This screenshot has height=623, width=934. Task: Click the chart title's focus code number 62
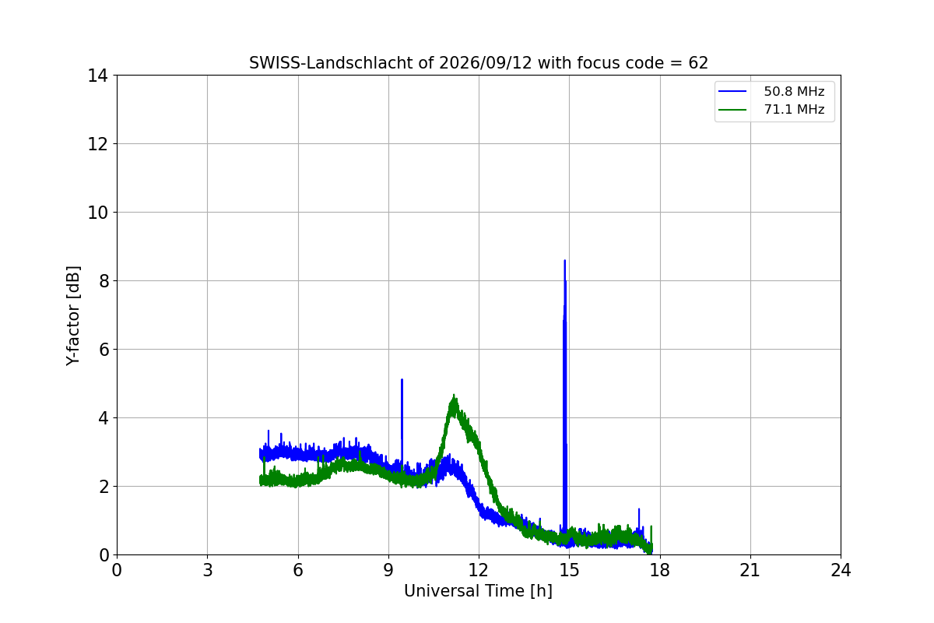(x=698, y=63)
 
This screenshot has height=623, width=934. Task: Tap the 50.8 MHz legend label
(x=794, y=91)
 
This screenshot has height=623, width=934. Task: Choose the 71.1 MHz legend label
(x=794, y=109)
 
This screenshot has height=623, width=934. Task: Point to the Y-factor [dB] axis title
(x=72, y=316)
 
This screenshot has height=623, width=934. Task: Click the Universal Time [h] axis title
(x=478, y=591)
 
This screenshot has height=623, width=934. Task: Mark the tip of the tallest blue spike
(x=564, y=260)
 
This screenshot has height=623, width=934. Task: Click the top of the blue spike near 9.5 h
(x=402, y=379)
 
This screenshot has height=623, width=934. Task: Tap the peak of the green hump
(x=454, y=395)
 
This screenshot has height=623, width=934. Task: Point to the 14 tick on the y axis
(x=97, y=76)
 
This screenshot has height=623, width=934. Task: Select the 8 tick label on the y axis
(x=104, y=281)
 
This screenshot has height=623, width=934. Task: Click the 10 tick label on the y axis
(x=97, y=213)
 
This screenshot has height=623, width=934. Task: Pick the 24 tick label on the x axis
(x=841, y=570)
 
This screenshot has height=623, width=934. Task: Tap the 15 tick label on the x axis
(x=570, y=570)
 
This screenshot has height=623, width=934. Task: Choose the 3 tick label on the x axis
(x=208, y=570)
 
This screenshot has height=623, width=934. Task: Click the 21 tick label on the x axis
(x=750, y=570)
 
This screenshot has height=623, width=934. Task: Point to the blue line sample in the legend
(x=732, y=91)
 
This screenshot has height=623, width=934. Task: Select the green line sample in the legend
(x=732, y=110)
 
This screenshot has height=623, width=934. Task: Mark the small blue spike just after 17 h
(x=639, y=509)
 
